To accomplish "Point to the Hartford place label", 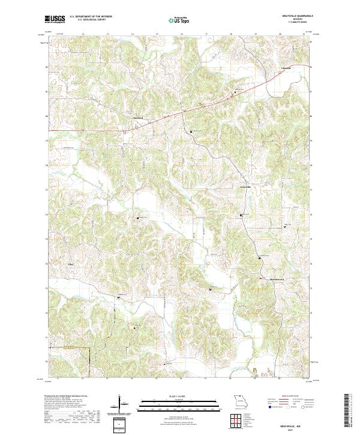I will click(140, 118).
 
